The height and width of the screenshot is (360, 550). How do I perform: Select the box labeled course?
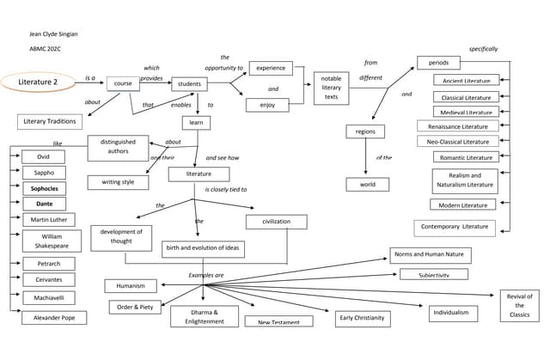click(123, 84)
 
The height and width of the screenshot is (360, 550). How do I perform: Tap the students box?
click(189, 84)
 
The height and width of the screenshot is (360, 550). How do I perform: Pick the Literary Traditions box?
click(49, 121)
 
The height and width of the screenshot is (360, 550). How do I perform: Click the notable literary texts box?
click(331, 88)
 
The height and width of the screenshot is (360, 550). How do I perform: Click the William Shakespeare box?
click(52, 241)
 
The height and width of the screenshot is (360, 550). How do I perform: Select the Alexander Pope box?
click(54, 317)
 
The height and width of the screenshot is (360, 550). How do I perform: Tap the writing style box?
click(118, 182)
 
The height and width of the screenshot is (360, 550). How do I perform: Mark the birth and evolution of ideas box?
click(203, 249)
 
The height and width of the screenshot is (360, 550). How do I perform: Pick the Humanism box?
click(131, 285)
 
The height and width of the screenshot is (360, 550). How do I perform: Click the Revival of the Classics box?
click(519, 306)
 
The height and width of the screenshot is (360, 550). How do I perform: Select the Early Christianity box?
click(363, 319)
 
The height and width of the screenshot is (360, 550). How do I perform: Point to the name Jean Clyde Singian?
click(53, 34)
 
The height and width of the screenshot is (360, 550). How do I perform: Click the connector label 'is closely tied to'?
click(225, 189)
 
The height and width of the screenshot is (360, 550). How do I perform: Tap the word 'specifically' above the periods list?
click(483, 49)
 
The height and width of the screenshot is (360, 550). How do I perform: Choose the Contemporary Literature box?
click(455, 228)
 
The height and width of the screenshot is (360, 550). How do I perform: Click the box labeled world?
click(368, 184)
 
